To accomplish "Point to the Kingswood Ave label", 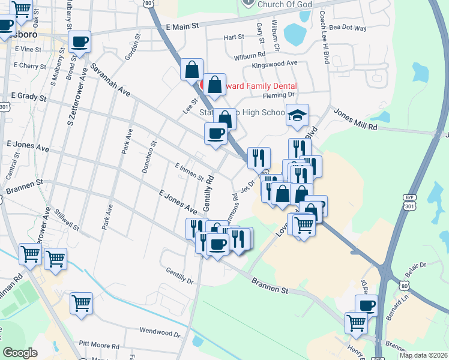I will point(275,63).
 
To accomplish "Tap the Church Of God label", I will point(282,4).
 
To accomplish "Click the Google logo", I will point(20,353).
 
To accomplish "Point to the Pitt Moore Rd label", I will point(99,346).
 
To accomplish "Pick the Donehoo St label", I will point(148,157).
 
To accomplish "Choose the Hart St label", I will point(234,37).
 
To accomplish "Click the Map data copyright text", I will point(423,355).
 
